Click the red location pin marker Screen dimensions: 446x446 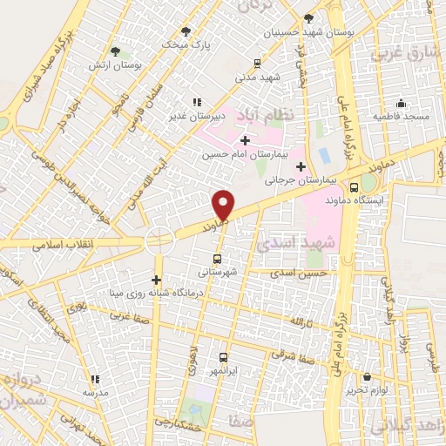point(223,205)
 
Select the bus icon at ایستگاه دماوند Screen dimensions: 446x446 point(354,186)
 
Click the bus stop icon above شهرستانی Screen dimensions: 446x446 point(217,258)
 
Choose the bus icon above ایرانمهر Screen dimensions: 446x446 point(224,358)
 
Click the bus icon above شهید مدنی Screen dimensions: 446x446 point(256,63)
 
